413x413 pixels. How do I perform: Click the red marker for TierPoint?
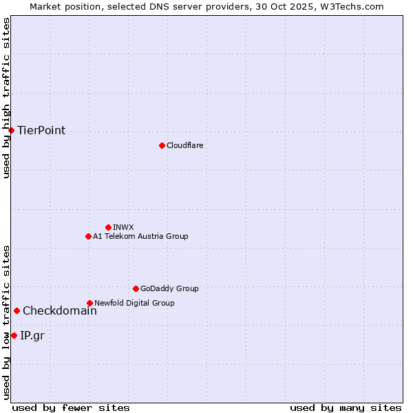point(11,130)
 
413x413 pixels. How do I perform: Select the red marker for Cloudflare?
point(162,145)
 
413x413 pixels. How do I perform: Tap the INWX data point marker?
point(108,227)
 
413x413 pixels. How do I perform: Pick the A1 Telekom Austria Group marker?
point(88,236)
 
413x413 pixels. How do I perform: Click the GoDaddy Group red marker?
point(136,288)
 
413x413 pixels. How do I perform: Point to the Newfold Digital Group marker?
point(89,303)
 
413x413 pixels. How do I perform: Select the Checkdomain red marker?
point(17,310)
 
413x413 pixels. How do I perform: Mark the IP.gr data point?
point(14,335)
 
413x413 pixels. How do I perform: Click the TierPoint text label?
point(41,131)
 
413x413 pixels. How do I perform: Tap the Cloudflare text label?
point(184,145)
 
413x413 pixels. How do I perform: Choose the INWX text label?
point(123,227)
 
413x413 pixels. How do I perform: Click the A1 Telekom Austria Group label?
point(140,236)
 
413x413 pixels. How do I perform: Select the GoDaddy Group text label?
point(169,288)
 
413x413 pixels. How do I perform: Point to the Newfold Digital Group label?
point(134,303)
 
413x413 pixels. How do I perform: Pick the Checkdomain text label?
point(60,310)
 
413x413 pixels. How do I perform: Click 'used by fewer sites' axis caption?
point(71,407)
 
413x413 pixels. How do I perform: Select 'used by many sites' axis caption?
point(346,407)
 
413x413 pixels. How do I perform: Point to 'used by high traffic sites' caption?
point(6,98)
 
